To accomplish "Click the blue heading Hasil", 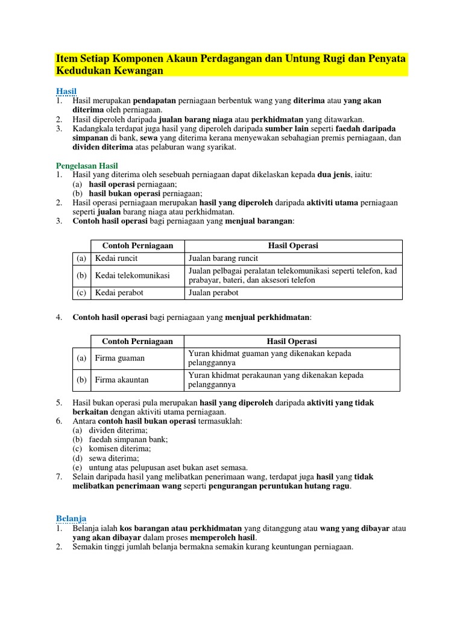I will [66, 91].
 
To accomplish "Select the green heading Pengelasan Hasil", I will [87, 165].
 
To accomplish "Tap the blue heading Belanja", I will [71, 518].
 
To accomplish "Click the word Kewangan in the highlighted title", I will [139, 71].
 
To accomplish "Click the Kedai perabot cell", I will [119, 293].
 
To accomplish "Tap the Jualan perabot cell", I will [213, 293].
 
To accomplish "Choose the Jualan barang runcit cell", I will [223, 258].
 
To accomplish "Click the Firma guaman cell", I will [121, 359].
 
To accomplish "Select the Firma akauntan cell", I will [122, 380].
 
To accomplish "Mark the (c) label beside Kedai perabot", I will [81, 293].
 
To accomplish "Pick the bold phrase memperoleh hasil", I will [223, 537].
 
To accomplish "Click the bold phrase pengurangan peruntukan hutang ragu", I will [279, 486].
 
